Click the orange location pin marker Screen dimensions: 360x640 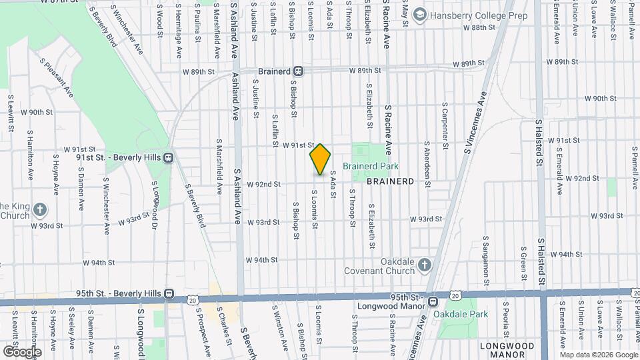click(320, 159)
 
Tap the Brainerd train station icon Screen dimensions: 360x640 click(299, 71)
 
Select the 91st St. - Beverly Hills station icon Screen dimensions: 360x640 click(169, 158)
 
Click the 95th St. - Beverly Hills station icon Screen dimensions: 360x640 click(169, 293)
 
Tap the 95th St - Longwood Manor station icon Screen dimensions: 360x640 click(433, 301)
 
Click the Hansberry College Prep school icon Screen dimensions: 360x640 click(419, 14)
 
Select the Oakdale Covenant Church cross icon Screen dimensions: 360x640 click(425, 266)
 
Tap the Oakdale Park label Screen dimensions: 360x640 click(461, 314)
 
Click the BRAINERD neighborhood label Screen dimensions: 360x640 click(390, 181)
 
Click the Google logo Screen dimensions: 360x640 click(21, 351)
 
